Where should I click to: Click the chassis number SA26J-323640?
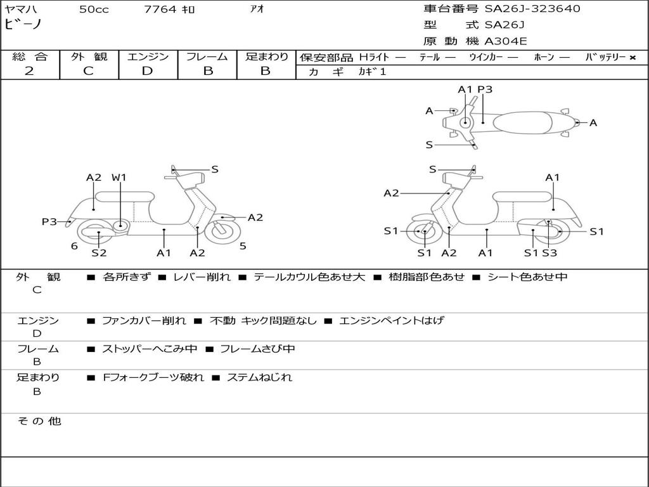532,8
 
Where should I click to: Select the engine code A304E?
505,41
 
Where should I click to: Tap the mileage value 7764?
160,9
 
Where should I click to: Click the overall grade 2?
29,71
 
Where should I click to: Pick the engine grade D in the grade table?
147,71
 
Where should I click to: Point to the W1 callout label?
119,178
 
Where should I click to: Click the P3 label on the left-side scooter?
49,221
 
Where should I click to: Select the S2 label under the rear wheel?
99,252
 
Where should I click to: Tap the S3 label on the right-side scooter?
549,252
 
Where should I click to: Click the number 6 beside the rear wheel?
74,246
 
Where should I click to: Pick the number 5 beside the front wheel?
243,246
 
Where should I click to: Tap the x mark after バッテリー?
633,58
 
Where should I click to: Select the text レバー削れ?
202,276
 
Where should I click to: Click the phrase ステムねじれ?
259,377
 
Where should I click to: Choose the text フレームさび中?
257,349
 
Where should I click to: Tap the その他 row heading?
39,421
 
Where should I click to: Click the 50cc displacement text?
94,9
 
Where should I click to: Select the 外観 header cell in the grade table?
89,56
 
